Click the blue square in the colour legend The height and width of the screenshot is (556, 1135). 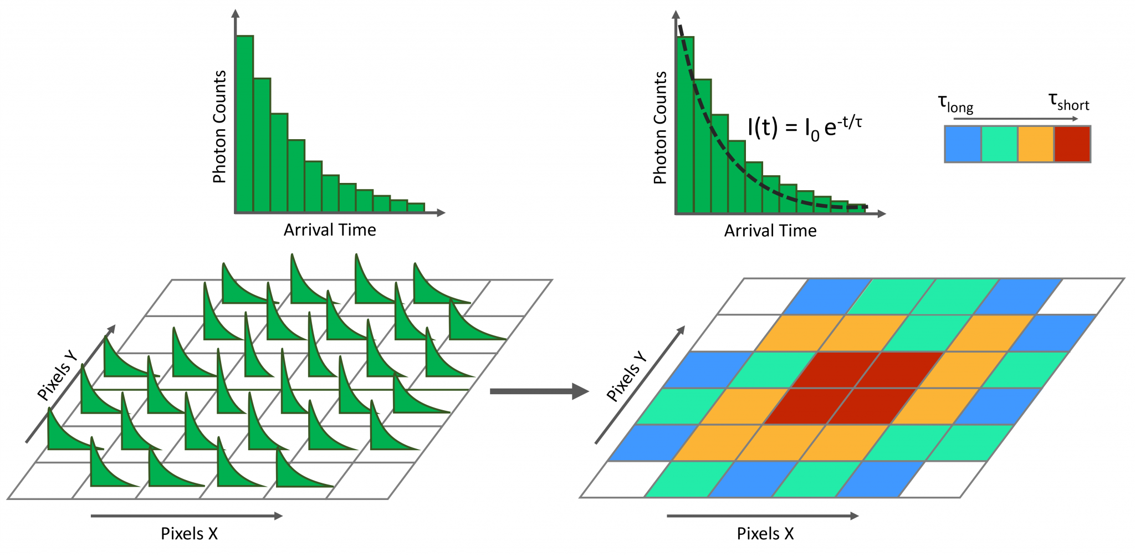tap(963, 144)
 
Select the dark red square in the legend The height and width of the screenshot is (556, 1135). tap(1072, 144)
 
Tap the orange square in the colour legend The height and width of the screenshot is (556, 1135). tap(1035, 144)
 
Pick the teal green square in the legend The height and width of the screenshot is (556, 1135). tap(999, 144)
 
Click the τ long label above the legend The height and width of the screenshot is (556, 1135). tap(955, 104)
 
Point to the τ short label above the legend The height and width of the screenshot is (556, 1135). tap(1068, 102)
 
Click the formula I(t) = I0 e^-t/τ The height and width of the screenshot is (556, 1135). tap(804, 127)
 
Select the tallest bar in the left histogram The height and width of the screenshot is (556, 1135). tap(245, 125)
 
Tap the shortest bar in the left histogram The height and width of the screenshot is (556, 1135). tap(416, 207)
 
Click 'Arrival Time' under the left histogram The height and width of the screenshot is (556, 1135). tap(330, 230)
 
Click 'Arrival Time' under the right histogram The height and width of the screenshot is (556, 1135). tap(770, 231)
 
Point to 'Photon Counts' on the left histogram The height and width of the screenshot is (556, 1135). tap(219, 126)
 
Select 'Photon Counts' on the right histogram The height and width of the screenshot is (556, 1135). tap(660, 127)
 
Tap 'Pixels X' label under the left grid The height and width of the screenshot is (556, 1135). tap(189, 534)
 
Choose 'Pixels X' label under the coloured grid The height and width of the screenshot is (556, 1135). tap(765, 534)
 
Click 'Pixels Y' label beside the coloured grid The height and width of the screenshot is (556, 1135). tap(627, 376)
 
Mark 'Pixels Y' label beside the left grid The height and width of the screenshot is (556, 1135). tap(57, 375)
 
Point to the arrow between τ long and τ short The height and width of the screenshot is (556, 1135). tap(1015, 119)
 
